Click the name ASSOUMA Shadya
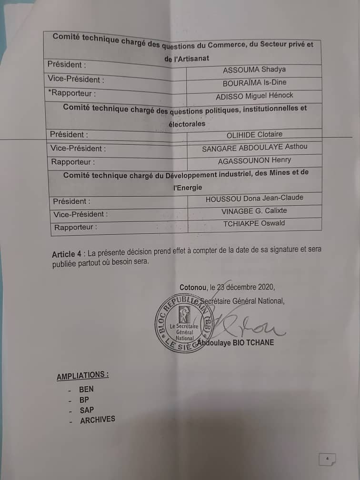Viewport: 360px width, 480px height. coord(254,70)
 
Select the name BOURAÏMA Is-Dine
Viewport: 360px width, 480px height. coord(254,83)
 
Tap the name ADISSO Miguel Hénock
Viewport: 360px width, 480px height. coord(254,96)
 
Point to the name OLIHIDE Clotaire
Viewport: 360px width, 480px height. coord(254,135)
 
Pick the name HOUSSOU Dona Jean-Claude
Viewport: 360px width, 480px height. coord(254,198)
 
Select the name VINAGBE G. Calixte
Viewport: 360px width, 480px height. coord(254,211)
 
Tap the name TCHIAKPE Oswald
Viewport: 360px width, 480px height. coord(254,224)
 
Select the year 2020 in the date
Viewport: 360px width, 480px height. coord(265,287)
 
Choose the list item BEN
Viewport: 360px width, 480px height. coord(87,389)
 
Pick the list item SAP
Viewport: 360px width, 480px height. coord(87,410)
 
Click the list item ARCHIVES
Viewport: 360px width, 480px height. coord(98,420)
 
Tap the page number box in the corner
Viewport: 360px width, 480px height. coord(328,459)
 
